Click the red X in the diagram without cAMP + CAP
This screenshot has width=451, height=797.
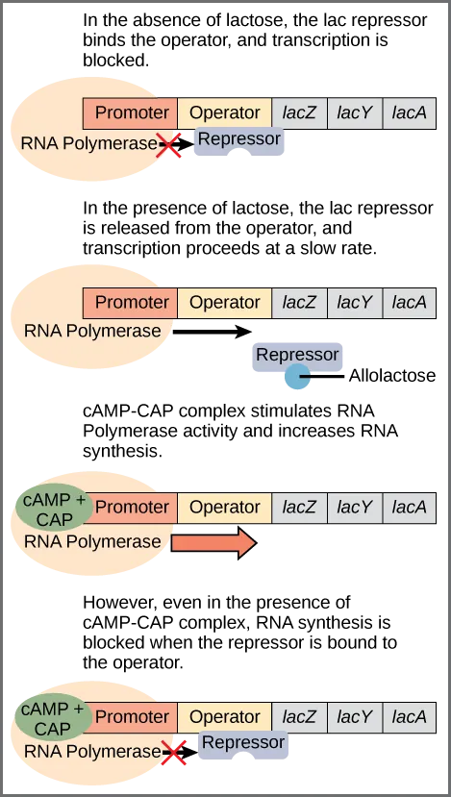(170, 146)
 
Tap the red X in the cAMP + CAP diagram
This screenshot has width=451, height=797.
(174, 753)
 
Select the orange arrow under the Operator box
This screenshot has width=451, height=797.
(213, 543)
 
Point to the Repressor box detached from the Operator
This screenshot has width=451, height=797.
(297, 355)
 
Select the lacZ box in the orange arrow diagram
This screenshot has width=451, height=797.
(299, 507)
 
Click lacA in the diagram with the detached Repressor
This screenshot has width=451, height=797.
(410, 302)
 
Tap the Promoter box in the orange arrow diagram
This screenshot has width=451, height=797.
(132, 507)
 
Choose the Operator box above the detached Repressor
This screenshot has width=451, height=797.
(225, 302)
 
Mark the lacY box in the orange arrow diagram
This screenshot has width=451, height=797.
(355, 507)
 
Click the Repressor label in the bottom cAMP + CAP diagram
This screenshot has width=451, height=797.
(242, 743)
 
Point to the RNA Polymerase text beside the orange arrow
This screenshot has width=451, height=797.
(92, 541)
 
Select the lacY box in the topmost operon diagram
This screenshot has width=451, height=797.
(355, 112)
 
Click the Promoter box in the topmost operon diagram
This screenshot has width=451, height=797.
(132, 112)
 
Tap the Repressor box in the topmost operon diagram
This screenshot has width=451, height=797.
(238, 140)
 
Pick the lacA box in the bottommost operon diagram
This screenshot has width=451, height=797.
(410, 716)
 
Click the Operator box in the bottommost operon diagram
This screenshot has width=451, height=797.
(225, 716)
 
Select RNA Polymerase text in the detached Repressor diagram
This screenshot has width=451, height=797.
(92, 331)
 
